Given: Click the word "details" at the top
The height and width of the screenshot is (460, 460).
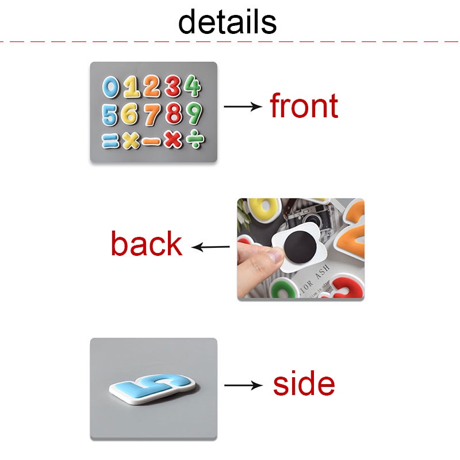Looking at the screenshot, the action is click(x=227, y=22).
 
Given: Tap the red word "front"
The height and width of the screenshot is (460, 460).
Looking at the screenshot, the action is click(x=304, y=106).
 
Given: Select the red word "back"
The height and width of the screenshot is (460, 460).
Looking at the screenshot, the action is click(x=146, y=244).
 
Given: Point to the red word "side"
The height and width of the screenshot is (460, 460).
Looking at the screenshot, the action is click(x=304, y=384).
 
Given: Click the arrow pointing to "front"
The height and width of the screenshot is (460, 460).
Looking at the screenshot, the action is click(x=242, y=106).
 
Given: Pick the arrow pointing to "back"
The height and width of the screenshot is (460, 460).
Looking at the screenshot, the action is click(x=210, y=248).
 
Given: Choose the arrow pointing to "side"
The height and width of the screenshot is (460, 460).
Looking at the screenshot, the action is click(x=243, y=385).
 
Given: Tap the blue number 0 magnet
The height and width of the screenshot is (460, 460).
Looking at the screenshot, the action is click(x=111, y=88).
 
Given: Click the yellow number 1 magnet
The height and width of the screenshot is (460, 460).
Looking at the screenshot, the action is click(x=132, y=87).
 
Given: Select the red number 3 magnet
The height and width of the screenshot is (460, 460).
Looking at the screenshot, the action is click(x=172, y=87).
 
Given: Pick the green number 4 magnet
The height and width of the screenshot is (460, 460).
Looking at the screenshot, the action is click(x=193, y=87).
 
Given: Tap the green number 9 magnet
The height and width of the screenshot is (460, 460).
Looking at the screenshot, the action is click(x=194, y=114).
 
